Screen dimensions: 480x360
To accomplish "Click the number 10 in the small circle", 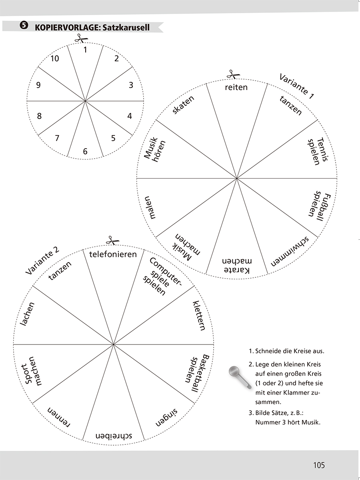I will tap(55, 59).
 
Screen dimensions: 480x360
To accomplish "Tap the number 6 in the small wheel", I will tap(85, 151).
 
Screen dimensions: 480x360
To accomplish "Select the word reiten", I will tap(236, 87).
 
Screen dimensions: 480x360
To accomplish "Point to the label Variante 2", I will tap(42, 261).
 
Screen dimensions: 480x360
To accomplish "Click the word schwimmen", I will tap(290, 252).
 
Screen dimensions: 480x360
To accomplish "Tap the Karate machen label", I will tap(236, 266).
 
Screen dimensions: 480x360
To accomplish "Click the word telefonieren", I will tap(113, 254).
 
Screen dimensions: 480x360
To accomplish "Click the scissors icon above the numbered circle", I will tap(80, 38).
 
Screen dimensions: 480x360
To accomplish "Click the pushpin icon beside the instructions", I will tap(236, 376).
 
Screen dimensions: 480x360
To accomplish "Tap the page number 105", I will tap(319, 465).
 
